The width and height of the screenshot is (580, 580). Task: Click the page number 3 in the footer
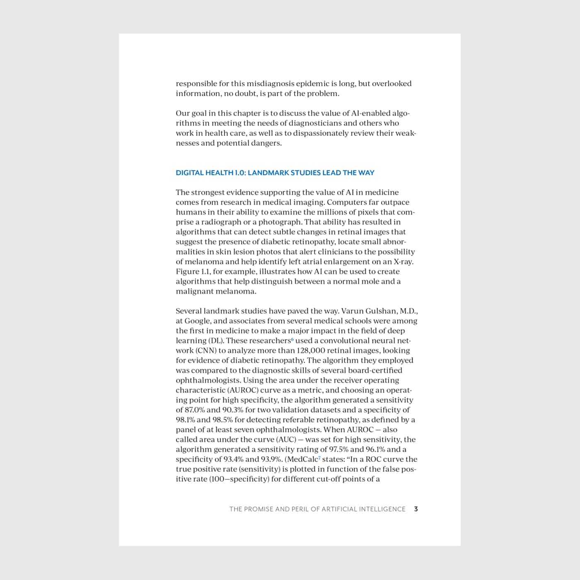pos(416,509)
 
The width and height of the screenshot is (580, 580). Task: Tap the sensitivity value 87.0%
pos(194,410)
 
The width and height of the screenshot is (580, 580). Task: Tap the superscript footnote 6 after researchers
pos(292,340)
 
